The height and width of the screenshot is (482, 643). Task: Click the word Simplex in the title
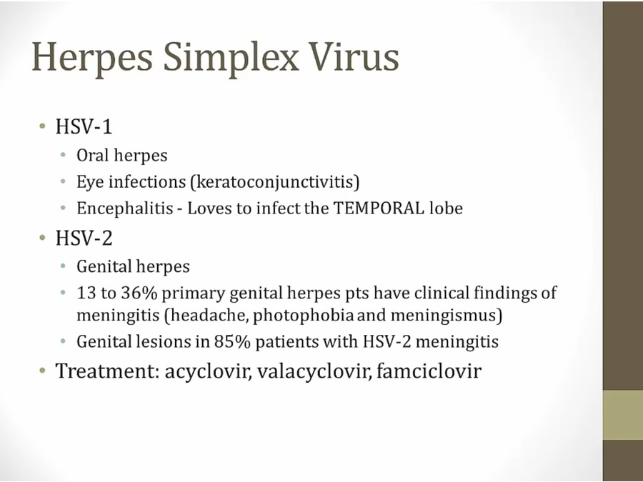231,58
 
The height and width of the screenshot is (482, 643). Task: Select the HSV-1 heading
84,126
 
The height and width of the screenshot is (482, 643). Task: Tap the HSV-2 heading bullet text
84,238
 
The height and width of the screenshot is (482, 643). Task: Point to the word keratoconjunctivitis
275,182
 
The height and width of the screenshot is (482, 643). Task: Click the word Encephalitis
124,209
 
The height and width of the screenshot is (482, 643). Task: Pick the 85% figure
232,341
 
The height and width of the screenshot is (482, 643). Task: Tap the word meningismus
446,316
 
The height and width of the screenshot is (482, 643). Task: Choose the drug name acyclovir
208,371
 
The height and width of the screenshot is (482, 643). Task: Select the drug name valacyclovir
314,371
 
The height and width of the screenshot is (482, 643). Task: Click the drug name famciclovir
429,371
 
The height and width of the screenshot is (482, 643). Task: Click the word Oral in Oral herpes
92,156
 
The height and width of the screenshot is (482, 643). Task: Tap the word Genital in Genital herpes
104,267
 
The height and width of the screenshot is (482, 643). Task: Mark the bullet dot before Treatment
42,371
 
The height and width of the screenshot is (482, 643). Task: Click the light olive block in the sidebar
622,415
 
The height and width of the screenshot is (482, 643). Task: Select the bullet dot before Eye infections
63,181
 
